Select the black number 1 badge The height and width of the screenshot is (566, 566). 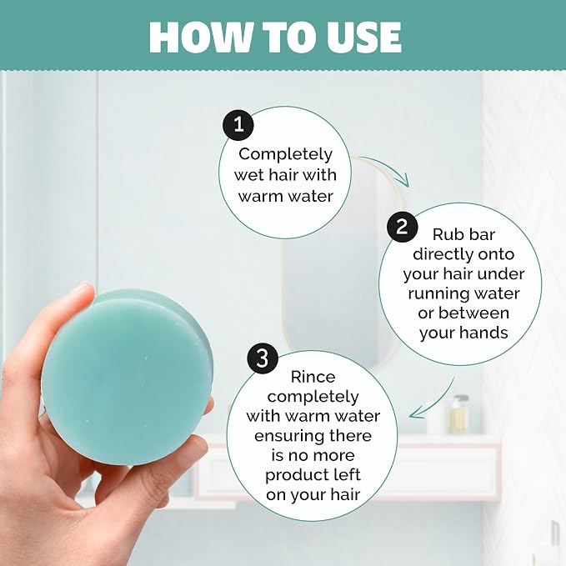pos(238,125)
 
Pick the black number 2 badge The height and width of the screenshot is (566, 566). pos(402,227)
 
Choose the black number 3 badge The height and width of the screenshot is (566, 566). pos(263,358)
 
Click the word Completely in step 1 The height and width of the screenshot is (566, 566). pos(285,155)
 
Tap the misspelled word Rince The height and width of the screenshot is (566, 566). pos(313,378)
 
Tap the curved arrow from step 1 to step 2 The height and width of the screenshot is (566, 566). pos(384,167)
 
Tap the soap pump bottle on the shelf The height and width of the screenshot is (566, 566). pos(459,414)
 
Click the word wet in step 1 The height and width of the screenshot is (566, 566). pos(248,175)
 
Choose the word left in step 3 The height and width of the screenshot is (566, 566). pos(348,474)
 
